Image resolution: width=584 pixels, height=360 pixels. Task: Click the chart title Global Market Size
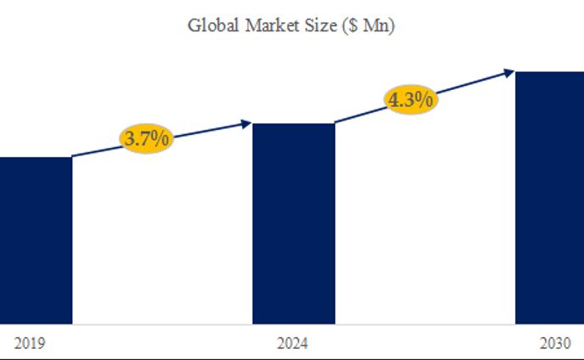(291, 25)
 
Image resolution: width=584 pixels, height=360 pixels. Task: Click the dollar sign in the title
(352, 26)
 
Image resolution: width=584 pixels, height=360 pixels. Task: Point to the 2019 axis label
(30, 344)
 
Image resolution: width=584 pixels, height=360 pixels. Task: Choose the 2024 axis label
(293, 344)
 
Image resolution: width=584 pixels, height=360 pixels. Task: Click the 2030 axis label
(555, 344)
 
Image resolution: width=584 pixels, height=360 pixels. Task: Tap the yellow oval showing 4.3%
(411, 98)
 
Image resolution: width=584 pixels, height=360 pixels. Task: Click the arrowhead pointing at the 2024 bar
(247, 124)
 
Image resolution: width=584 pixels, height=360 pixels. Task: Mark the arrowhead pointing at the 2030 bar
(508, 72)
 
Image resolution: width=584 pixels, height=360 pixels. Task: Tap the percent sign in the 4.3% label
(425, 99)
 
